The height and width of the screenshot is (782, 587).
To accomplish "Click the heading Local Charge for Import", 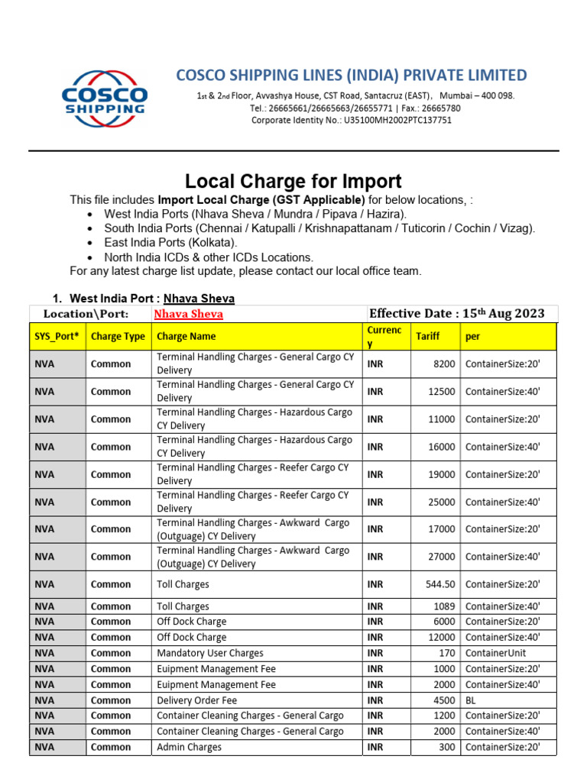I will click(293, 181).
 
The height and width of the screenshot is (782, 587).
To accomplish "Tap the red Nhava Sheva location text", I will click(188, 314).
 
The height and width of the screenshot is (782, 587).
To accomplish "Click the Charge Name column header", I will click(186, 336).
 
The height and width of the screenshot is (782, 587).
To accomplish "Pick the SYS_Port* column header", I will click(56, 336).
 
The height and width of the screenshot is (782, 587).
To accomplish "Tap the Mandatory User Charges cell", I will click(209, 653).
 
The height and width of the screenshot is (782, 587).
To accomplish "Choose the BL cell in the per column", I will click(471, 700).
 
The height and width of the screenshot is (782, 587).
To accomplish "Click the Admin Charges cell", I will click(189, 747).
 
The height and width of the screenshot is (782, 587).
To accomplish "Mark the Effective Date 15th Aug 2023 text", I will click(456, 313).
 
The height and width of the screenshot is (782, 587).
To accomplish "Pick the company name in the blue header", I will click(351, 75).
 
